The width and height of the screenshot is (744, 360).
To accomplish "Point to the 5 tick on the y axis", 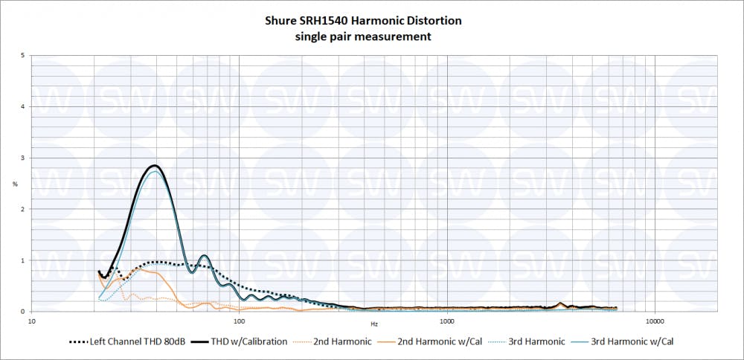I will [25, 56].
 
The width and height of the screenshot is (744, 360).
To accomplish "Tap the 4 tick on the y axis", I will [25, 106].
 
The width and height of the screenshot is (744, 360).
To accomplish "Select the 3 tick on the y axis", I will [25, 158].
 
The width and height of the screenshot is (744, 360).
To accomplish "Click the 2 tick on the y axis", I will [25, 209].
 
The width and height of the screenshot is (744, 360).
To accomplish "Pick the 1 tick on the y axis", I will [25, 260].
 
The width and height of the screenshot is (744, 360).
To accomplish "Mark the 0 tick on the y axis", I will [25, 312].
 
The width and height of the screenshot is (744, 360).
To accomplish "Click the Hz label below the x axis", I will [375, 325].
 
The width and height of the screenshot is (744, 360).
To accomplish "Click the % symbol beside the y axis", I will [15, 184].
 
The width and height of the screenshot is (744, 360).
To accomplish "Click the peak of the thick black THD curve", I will [154, 165].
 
